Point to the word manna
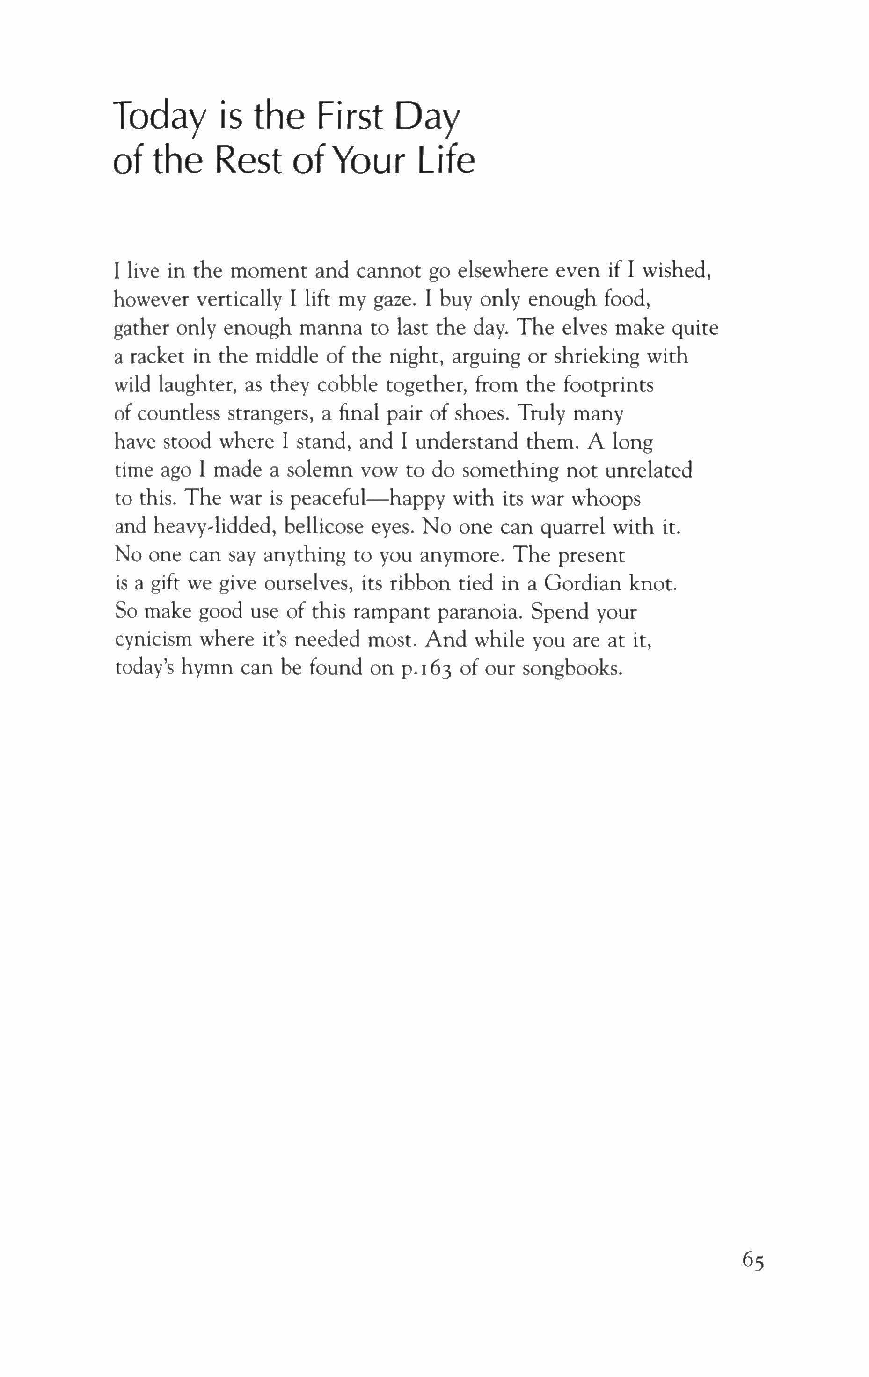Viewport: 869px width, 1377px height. (332, 328)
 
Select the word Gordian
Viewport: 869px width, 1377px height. (583, 583)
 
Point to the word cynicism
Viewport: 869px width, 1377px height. (153, 640)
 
